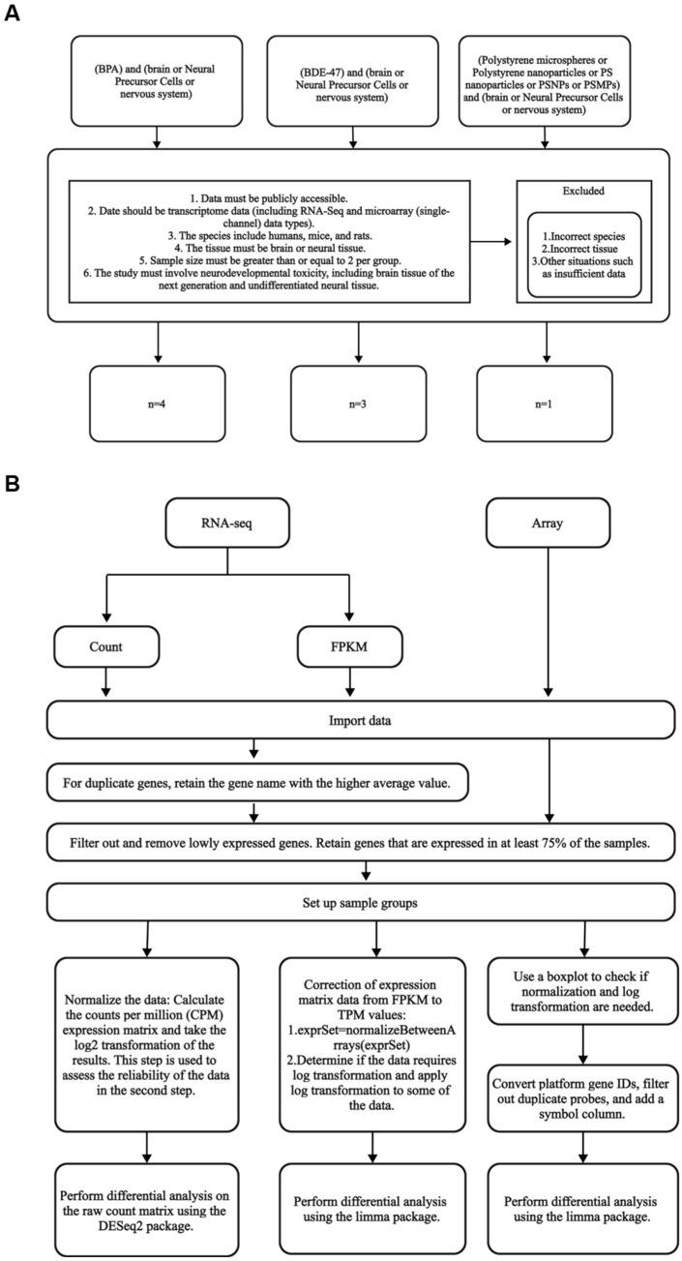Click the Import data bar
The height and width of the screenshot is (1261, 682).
(358, 720)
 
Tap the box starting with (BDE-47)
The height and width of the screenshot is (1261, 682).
(358, 81)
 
